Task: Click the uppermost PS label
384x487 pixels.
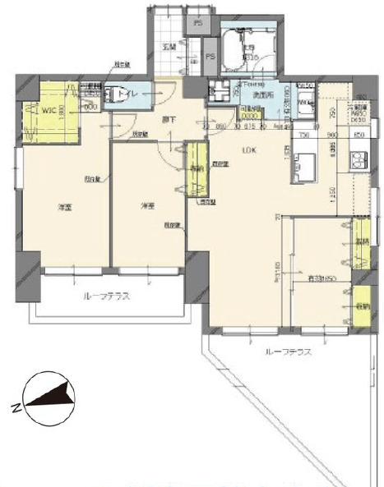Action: [197, 25]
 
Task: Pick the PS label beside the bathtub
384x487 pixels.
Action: [211, 57]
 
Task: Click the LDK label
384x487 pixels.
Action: [248, 150]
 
